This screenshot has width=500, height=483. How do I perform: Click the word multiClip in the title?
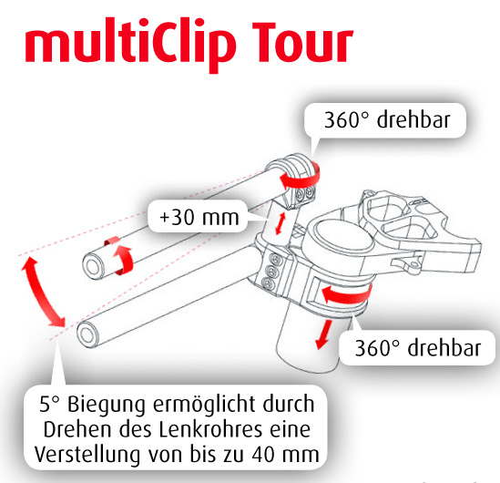coord(130,44)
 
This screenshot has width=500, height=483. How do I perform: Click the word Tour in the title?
coord(302,42)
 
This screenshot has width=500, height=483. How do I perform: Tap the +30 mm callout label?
coord(199,217)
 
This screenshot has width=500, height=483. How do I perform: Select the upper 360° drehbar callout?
coord(386,120)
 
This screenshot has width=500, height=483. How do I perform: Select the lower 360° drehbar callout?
coord(418,347)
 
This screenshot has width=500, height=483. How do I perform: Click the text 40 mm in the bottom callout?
coord(285,454)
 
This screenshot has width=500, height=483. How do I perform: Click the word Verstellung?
coord(87,455)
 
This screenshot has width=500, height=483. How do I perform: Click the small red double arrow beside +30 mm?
coord(280,223)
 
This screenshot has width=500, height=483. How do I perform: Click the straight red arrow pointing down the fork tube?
coord(323,334)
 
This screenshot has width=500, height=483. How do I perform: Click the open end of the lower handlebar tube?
coord(87,335)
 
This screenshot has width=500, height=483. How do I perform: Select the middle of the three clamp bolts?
coord(271,272)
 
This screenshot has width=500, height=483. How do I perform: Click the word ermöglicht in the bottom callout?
coord(205,406)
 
